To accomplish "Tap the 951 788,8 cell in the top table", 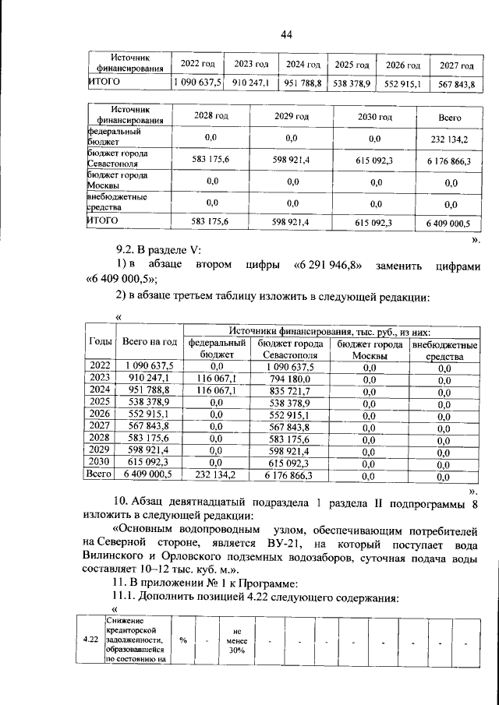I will pos(300,83).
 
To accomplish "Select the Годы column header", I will pos(100,341).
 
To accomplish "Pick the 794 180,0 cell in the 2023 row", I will pos(290,378).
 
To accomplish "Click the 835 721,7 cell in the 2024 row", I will pos(290,390).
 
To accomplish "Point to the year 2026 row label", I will pos(100,414).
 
